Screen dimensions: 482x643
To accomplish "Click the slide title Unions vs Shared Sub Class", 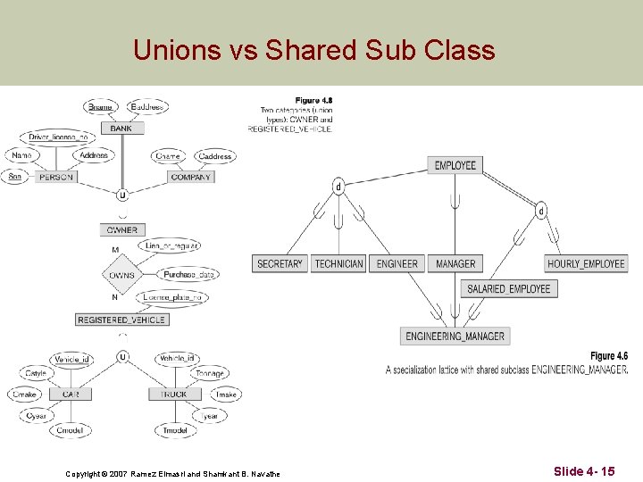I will click(x=313, y=50).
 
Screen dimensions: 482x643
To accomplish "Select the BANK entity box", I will click(x=121, y=129).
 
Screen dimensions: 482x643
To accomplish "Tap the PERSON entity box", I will click(x=55, y=177).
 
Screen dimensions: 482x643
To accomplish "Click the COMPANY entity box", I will click(x=191, y=177).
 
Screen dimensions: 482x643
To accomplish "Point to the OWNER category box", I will click(x=122, y=230).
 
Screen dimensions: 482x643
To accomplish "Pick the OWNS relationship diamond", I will click(x=122, y=275).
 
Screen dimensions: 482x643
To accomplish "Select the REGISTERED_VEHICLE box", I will click(x=121, y=320).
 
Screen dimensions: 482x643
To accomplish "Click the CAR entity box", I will click(x=71, y=394).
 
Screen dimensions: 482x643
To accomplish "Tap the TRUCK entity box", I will click(x=174, y=394).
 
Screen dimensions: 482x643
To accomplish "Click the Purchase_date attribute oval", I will click(x=189, y=275).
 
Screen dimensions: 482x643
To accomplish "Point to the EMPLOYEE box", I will click(x=455, y=165).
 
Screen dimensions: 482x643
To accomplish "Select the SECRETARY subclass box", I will click(x=280, y=263).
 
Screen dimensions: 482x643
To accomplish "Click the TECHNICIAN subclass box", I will click(x=339, y=263).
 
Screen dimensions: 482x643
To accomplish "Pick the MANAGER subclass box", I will click(x=455, y=263).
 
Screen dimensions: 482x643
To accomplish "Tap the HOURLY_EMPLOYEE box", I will click(x=586, y=263).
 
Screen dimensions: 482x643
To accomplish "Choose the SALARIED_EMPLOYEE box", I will click(x=509, y=288).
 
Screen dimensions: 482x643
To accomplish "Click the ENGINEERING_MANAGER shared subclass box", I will click(x=455, y=337).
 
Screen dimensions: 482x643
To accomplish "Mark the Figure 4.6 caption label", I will click(x=609, y=356).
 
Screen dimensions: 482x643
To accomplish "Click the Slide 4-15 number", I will click(x=583, y=470).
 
